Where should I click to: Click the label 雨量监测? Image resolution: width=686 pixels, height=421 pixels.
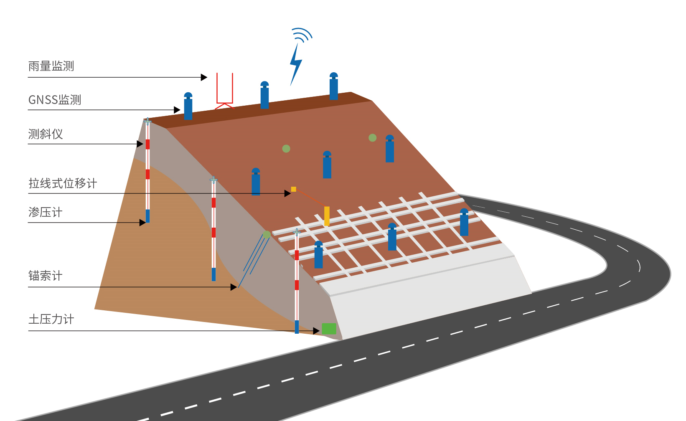pos(51,66)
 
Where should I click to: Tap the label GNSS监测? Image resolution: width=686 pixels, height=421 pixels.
pos(55,100)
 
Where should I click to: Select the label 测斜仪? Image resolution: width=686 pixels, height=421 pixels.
pos(46,134)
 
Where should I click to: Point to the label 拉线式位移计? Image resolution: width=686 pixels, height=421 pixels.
pos(63,183)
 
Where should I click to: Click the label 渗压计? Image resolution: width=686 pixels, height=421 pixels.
pos(46,212)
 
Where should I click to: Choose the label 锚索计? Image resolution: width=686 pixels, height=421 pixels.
pos(46,276)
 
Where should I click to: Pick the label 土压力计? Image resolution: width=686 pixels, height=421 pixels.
pos(51,320)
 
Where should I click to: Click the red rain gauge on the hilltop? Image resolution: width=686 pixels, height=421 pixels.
pos(225,90)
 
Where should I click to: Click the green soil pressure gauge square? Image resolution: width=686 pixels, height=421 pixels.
pos(329,329)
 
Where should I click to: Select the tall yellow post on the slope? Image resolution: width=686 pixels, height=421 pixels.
pos(327,216)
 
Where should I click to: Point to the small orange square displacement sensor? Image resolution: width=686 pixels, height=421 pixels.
pos(294,189)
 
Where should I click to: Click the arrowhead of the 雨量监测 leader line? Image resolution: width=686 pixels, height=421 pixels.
pos(204,77)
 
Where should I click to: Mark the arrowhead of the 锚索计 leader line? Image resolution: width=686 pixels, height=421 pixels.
pos(234,287)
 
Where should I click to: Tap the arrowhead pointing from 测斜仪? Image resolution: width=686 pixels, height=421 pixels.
pos(140,144)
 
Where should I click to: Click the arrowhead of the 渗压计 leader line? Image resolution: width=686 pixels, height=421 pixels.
pos(142,223)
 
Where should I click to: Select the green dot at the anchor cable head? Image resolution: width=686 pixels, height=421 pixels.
pos(266,234)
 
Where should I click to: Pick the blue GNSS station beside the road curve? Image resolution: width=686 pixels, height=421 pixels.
pos(464,222)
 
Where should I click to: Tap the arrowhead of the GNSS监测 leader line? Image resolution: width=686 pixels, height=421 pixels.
pos(177,110)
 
